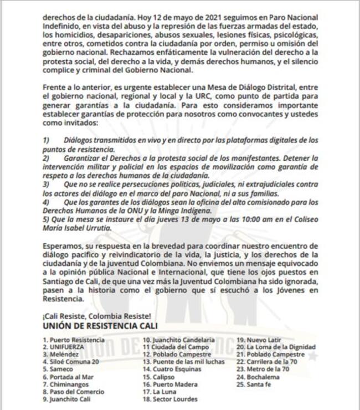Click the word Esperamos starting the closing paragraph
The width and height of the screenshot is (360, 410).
[x=64, y=244]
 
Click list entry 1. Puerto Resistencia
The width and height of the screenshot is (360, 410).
[x=73, y=339]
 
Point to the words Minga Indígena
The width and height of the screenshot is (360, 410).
[x=181, y=210]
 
